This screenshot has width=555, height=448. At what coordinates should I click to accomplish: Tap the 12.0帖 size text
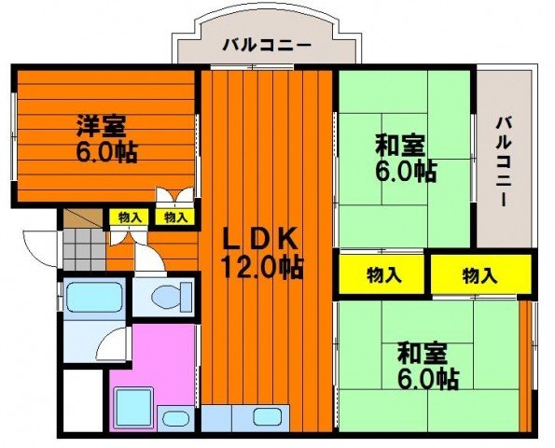[260, 268]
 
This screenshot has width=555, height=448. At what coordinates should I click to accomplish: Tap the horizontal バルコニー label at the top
[267, 44]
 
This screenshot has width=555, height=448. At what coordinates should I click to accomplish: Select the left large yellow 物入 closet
[383, 274]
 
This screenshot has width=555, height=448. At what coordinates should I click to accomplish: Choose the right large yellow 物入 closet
[480, 274]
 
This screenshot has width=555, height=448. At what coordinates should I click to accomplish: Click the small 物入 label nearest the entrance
[130, 217]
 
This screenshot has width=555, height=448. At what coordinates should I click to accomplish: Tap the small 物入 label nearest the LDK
[175, 217]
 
